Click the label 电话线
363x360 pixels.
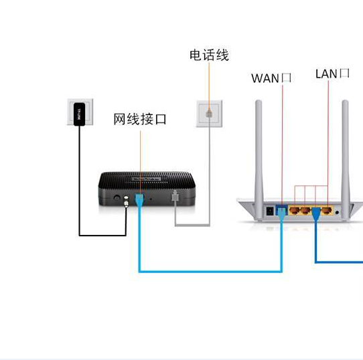[209, 56]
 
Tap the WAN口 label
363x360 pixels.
[271, 78]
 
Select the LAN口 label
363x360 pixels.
[332, 74]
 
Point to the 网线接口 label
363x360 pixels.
[139, 120]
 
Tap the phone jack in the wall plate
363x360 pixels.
[208, 113]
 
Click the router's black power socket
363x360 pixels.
[271, 210]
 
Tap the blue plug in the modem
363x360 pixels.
[139, 199]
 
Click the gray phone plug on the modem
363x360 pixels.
[175, 199]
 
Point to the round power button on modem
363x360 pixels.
[117, 199]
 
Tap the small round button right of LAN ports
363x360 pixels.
[337, 212]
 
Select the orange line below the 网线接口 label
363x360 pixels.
[141, 161]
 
